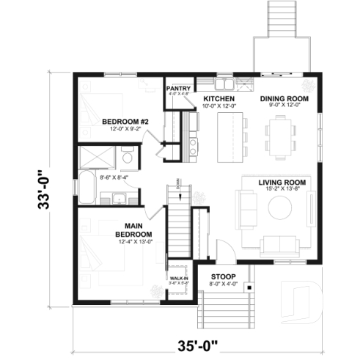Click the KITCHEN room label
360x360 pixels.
tap(218, 98)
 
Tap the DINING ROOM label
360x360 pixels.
tap(284, 98)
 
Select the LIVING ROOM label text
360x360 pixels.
tap(282, 181)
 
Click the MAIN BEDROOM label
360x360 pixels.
tap(133, 230)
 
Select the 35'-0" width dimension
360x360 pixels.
tap(200, 342)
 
